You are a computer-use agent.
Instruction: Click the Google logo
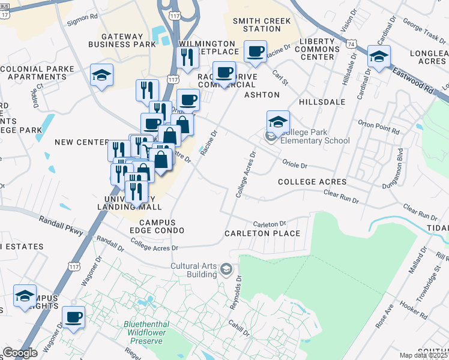click(x=20, y=353)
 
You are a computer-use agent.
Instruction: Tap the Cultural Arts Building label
click(x=193, y=270)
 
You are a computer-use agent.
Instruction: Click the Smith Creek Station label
click(x=262, y=25)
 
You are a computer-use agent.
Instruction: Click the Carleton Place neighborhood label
click(x=262, y=233)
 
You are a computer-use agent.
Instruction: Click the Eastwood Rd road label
click(x=412, y=79)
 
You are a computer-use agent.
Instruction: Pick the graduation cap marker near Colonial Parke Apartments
click(x=101, y=76)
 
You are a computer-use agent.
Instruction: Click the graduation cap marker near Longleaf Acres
click(x=379, y=57)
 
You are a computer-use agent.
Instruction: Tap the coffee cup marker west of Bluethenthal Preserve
click(x=74, y=317)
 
